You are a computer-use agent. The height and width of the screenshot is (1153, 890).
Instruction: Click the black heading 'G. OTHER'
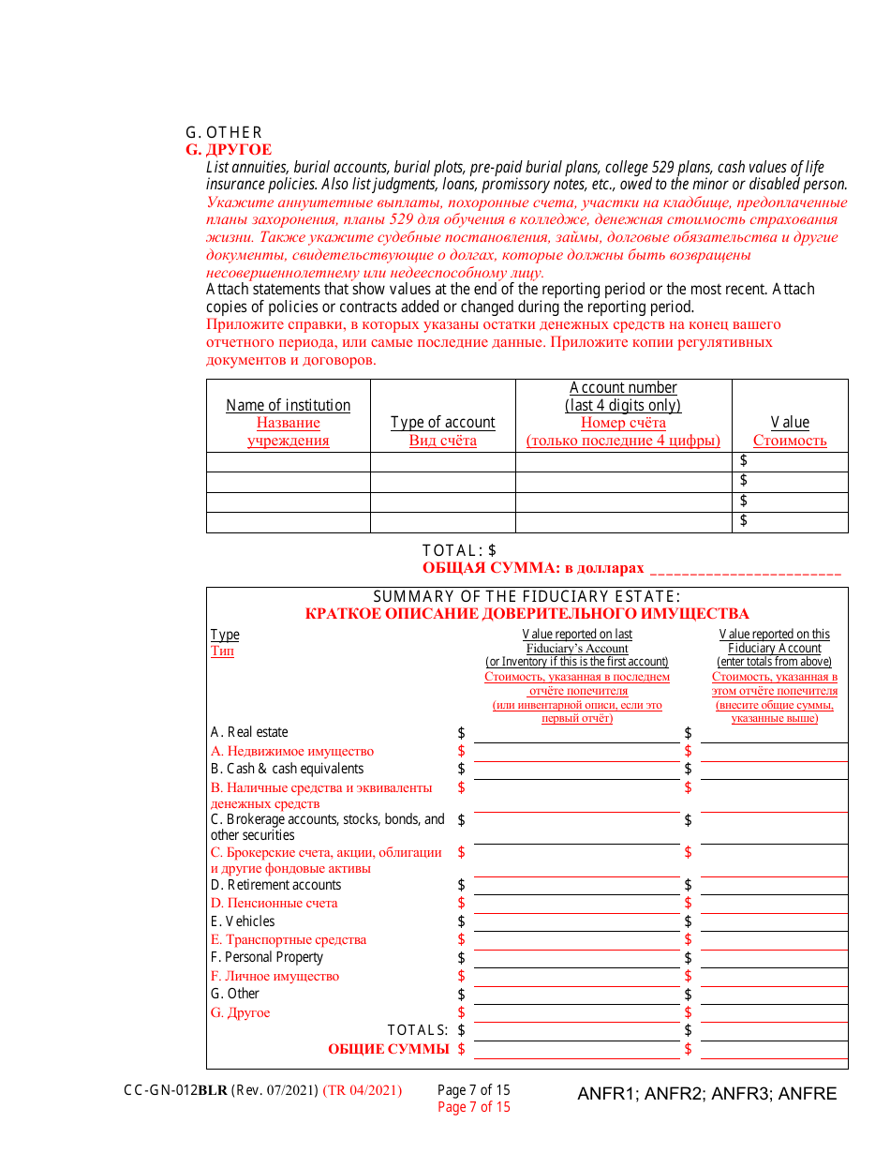[x=224, y=132]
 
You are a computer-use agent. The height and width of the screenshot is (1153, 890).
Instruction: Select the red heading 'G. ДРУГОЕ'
[x=229, y=150]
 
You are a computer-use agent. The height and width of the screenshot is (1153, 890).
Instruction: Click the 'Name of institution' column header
[x=289, y=405]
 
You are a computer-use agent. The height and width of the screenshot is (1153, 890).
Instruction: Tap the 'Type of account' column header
[x=442, y=423]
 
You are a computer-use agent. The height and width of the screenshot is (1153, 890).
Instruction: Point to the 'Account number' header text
[x=623, y=388]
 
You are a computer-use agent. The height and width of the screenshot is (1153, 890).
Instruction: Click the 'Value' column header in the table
[x=790, y=423]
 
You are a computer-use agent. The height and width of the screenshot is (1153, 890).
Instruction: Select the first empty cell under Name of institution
[x=289, y=462]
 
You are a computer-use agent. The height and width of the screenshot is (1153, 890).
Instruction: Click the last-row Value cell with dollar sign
[x=790, y=522]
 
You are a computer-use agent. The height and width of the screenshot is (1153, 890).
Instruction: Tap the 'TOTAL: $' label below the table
[x=459, y=550]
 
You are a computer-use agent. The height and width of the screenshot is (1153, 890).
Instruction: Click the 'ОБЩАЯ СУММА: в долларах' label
[x=533, y=568]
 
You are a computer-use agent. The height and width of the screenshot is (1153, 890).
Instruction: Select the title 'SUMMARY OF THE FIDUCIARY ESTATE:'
[x=527, y=597]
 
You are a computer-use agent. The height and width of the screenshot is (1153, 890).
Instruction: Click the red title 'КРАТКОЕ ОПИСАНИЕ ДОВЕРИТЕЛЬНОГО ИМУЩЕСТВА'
[x=527, y=614]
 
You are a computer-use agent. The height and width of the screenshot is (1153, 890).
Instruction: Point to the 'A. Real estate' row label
[x=249, y=732]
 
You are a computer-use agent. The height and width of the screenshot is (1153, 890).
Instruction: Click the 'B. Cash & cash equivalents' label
[x=287, y=769]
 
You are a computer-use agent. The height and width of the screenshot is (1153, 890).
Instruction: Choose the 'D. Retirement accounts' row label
[x=275, y=885]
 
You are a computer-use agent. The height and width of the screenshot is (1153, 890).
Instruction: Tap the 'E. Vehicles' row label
[x=243, y=921]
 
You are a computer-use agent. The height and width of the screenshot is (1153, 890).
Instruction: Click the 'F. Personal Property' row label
[x=267, y=957]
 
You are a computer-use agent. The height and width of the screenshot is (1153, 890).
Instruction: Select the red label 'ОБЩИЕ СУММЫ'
[x=388, y=1049]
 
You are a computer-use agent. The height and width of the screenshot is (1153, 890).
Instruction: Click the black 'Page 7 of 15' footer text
[x=474, y=1090]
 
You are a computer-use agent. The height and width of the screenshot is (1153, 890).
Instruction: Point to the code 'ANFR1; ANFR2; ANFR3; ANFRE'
[x=706, y=1094]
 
